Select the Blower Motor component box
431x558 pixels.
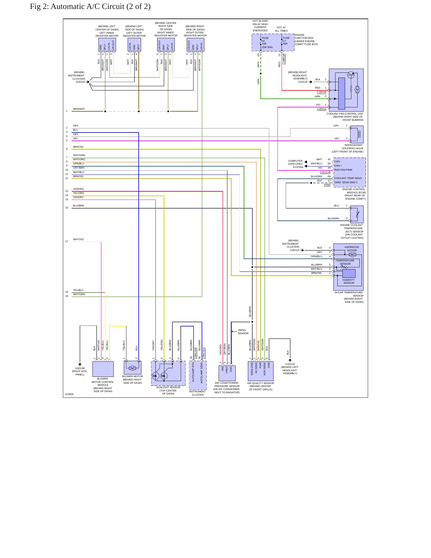click(132, 368)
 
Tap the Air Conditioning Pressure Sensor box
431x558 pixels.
click(227, 373)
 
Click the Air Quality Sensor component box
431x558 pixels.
click(260, 371)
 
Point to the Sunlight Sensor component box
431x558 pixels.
click(168, 373)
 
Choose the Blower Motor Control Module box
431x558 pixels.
click(103, 369)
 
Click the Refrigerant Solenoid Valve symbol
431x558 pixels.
click(357, 134)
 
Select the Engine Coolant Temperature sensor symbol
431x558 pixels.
click(357, 214)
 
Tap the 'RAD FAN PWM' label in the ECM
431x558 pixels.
click(343, 170)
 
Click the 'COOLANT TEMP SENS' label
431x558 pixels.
click(348, 178)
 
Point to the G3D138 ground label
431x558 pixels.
click(80, 368)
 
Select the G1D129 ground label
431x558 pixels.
click(290, 364)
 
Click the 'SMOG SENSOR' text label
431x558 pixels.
click(243, 332)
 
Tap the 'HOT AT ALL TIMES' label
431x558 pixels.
click(281, 29)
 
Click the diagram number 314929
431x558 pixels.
click(69, 394)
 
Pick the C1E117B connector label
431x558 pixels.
click(325, 172)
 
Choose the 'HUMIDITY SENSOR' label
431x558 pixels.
click(349, 281)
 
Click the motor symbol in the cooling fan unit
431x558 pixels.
click(357, 90)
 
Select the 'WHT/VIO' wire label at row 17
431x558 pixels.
click(78, 239)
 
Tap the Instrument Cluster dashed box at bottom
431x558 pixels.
click(198, 375)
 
